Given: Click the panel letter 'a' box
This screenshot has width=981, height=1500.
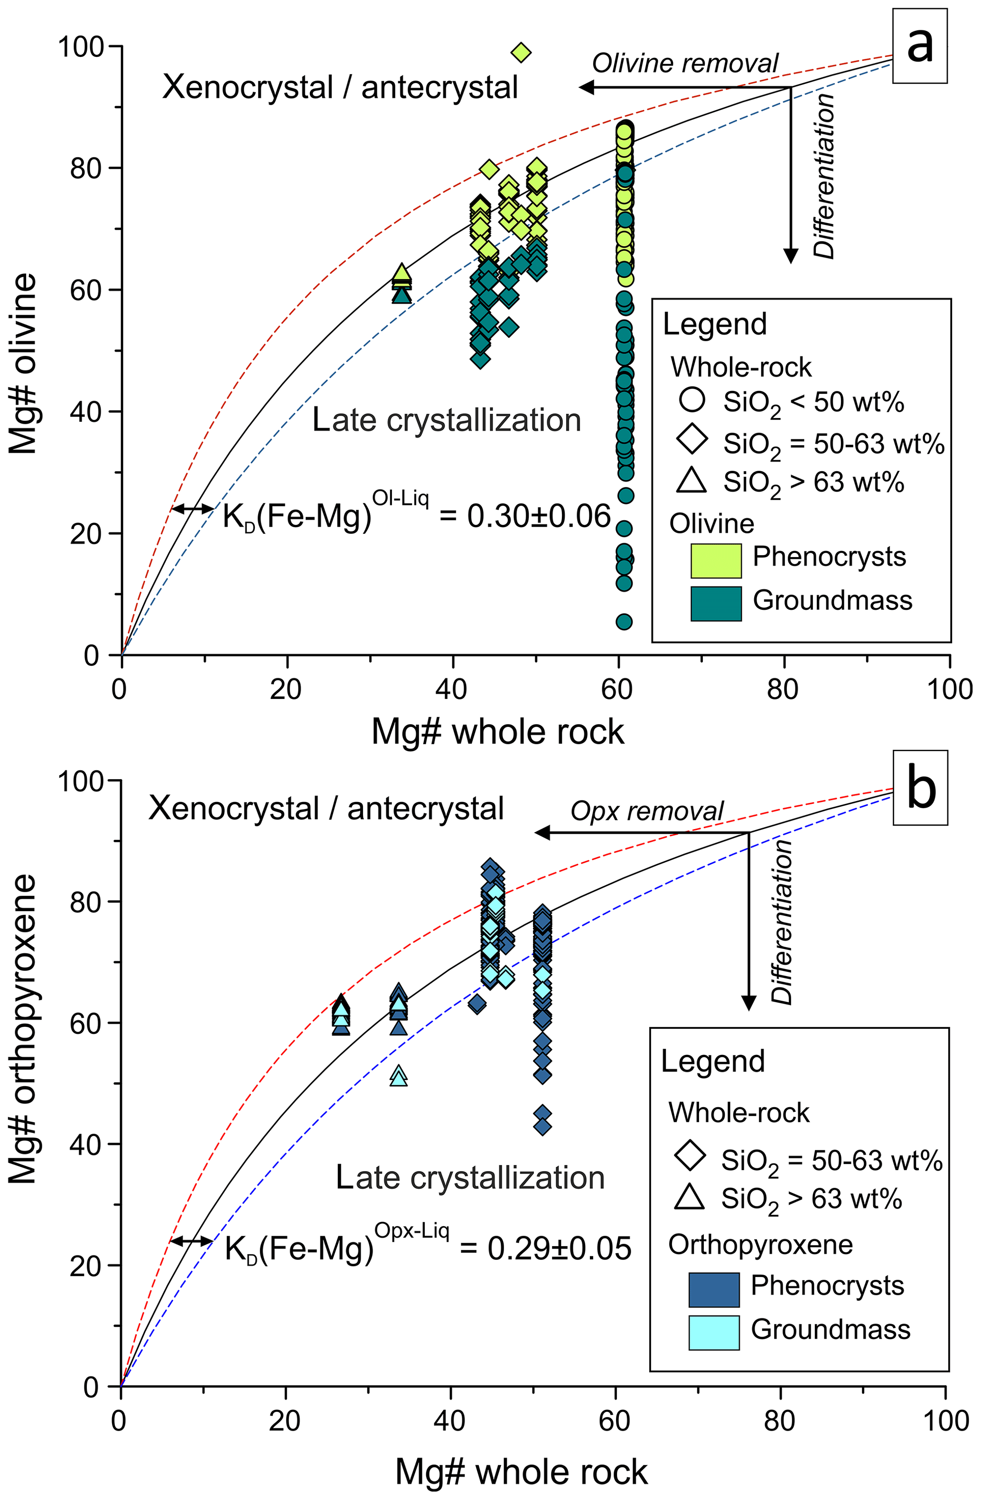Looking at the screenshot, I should [920, 46].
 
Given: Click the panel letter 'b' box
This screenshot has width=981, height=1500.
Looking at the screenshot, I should [920, 787].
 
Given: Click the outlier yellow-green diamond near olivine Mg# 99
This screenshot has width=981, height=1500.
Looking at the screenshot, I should [521, 53].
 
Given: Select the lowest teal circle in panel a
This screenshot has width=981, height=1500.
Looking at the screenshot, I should [624, 622].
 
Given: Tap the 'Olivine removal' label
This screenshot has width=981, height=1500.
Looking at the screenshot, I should [685, 64].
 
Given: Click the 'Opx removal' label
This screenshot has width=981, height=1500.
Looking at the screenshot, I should [647, 811].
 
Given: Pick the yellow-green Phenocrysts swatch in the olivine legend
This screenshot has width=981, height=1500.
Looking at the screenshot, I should [716, 559].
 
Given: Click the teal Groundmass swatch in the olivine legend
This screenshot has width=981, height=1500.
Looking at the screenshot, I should [716, 603].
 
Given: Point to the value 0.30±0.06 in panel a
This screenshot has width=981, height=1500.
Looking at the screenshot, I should [539, 516].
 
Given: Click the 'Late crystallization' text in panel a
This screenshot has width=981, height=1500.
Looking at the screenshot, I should [447, 420].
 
